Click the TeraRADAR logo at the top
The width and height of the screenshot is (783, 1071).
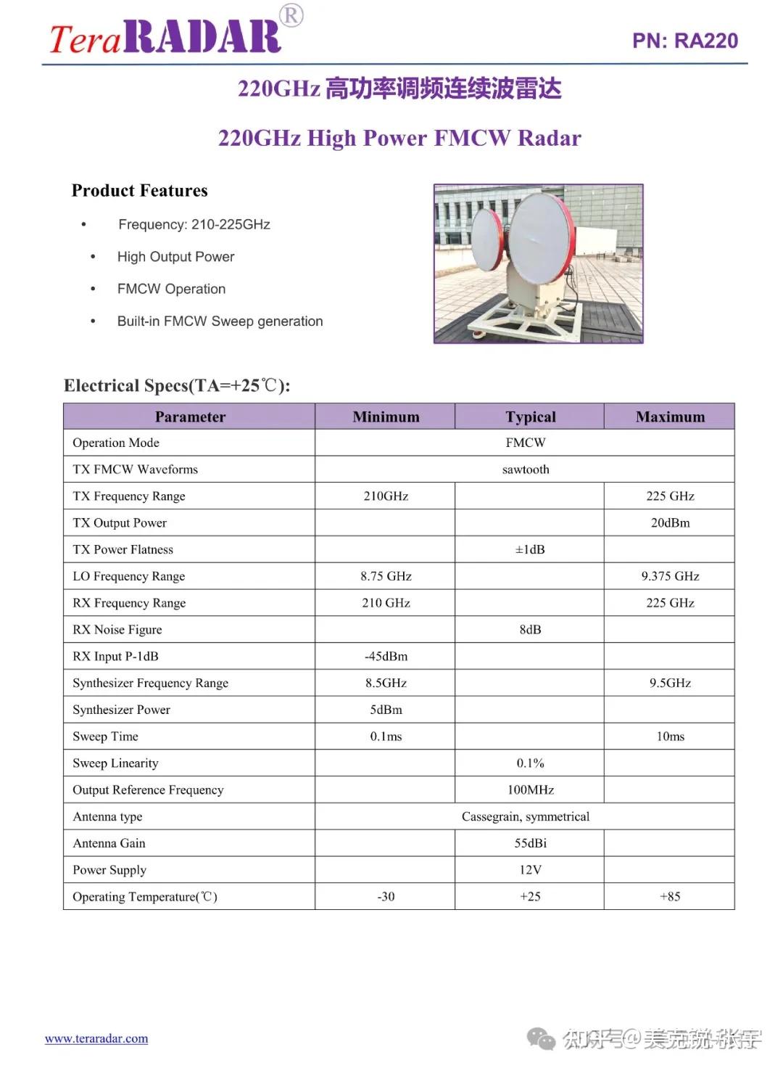coord(165,36)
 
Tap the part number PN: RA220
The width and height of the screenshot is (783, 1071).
coord(684,41)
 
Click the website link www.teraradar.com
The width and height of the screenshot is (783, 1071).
coord(96,1038)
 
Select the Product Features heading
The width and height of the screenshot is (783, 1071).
coord(140,191)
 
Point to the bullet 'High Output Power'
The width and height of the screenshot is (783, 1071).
coord(175,257)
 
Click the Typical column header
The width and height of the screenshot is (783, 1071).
coord(531,416)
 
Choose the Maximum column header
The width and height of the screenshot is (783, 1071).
coord(670,416)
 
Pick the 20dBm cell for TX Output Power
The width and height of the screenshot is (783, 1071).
coord(670,522)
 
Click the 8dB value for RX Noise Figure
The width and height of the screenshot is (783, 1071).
coord(530,629)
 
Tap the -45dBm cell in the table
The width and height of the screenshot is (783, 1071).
coord(386,656)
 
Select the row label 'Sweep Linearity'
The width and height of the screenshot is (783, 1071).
coord(115,763)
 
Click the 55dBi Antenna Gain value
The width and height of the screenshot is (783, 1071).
coord(530,843)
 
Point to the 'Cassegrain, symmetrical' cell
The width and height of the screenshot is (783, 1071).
coord(526,816)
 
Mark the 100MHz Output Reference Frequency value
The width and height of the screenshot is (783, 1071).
coord(530,789)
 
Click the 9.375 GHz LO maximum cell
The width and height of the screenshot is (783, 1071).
coord(670,576)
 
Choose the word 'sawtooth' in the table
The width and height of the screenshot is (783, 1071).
coord(526,469)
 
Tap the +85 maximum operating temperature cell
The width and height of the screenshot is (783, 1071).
coord(670,896)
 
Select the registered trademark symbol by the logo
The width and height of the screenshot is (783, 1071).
coord(291,15)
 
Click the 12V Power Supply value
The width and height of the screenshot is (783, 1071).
coord(530,869)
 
